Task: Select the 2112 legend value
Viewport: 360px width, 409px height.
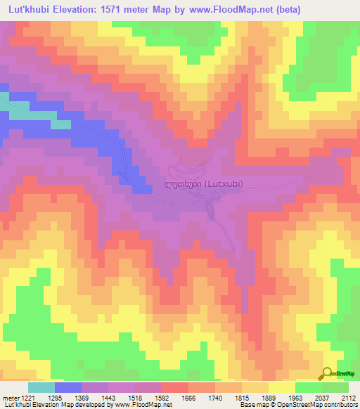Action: click(350, 397)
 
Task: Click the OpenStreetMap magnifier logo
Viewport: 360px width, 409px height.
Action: click(328, 374)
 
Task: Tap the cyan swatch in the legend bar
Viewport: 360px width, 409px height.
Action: click(41, 387)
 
